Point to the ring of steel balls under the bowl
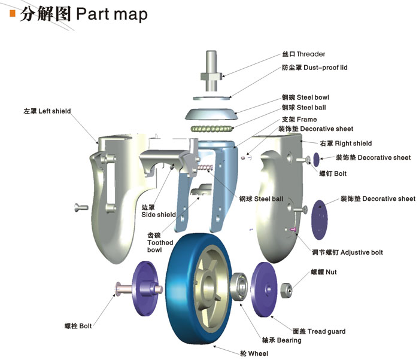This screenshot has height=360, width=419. [x=212, y=128]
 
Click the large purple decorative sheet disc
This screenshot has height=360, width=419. [x=322, y=212]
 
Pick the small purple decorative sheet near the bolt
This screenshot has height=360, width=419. [x=316, y=159]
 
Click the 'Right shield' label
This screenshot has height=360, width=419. [x=346, y=143]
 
